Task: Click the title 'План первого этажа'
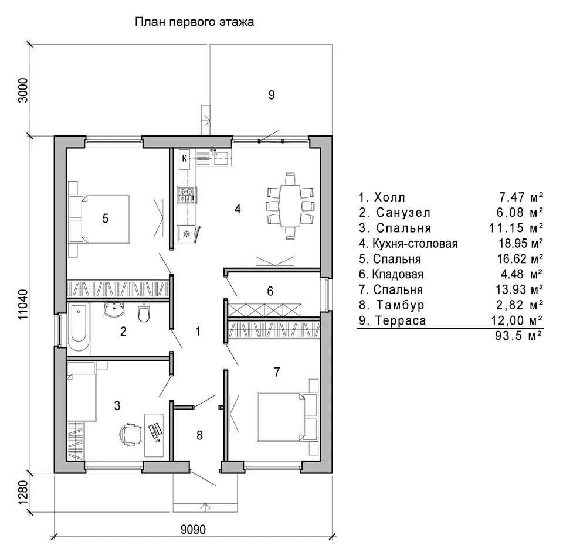(x=194, y=22)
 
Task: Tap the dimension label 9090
(x=193, y=529)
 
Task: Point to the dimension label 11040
(x=23, y=305)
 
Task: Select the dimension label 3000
(x=23, y=90)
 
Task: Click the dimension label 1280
(x=23, y=492)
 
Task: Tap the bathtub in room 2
(x=79, y=327)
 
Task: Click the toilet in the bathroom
(x=144, y=312)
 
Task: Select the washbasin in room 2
(x=114, y=310)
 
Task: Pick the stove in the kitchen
(x=186, y=196)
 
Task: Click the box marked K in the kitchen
(x=185, y=158)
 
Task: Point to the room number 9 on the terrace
(x=272, y=95)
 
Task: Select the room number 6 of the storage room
(x=270, y=291)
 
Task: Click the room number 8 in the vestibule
(x=199, y=435)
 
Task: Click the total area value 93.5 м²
(x=518, y=336)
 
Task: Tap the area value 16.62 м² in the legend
(x=520, y=258)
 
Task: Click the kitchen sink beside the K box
(x=221, y=158)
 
